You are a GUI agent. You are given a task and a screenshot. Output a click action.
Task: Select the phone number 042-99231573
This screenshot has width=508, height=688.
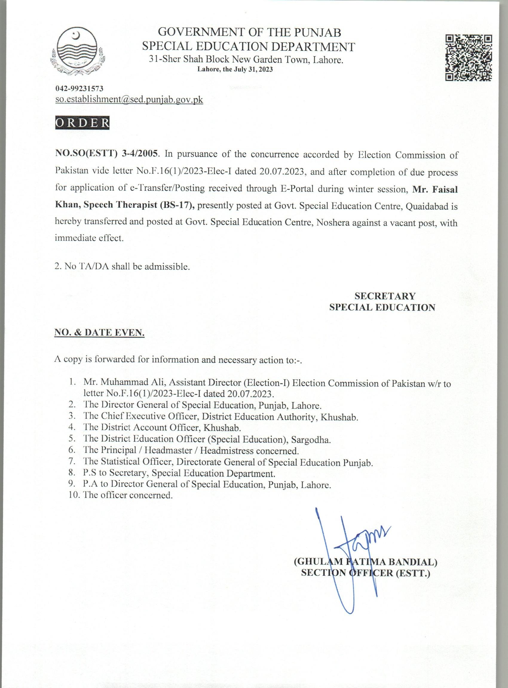[x=79, y=89]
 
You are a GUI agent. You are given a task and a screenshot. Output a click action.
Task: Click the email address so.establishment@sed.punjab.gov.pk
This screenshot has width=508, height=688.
[x=129, y=99]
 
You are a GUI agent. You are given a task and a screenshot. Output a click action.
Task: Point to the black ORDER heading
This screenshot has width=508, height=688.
[x=82, y=122]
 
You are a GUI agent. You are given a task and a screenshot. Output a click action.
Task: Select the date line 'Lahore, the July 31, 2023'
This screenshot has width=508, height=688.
[x=235, y=70]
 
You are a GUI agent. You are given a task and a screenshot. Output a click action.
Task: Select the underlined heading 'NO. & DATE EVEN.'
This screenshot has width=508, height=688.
[x=100, y=332]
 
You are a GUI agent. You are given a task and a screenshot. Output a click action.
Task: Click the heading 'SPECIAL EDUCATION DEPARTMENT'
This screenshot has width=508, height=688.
[x=248, y=46]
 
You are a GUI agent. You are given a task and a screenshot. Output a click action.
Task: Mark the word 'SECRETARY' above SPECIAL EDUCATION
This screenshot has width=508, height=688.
[x=385, y=296]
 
